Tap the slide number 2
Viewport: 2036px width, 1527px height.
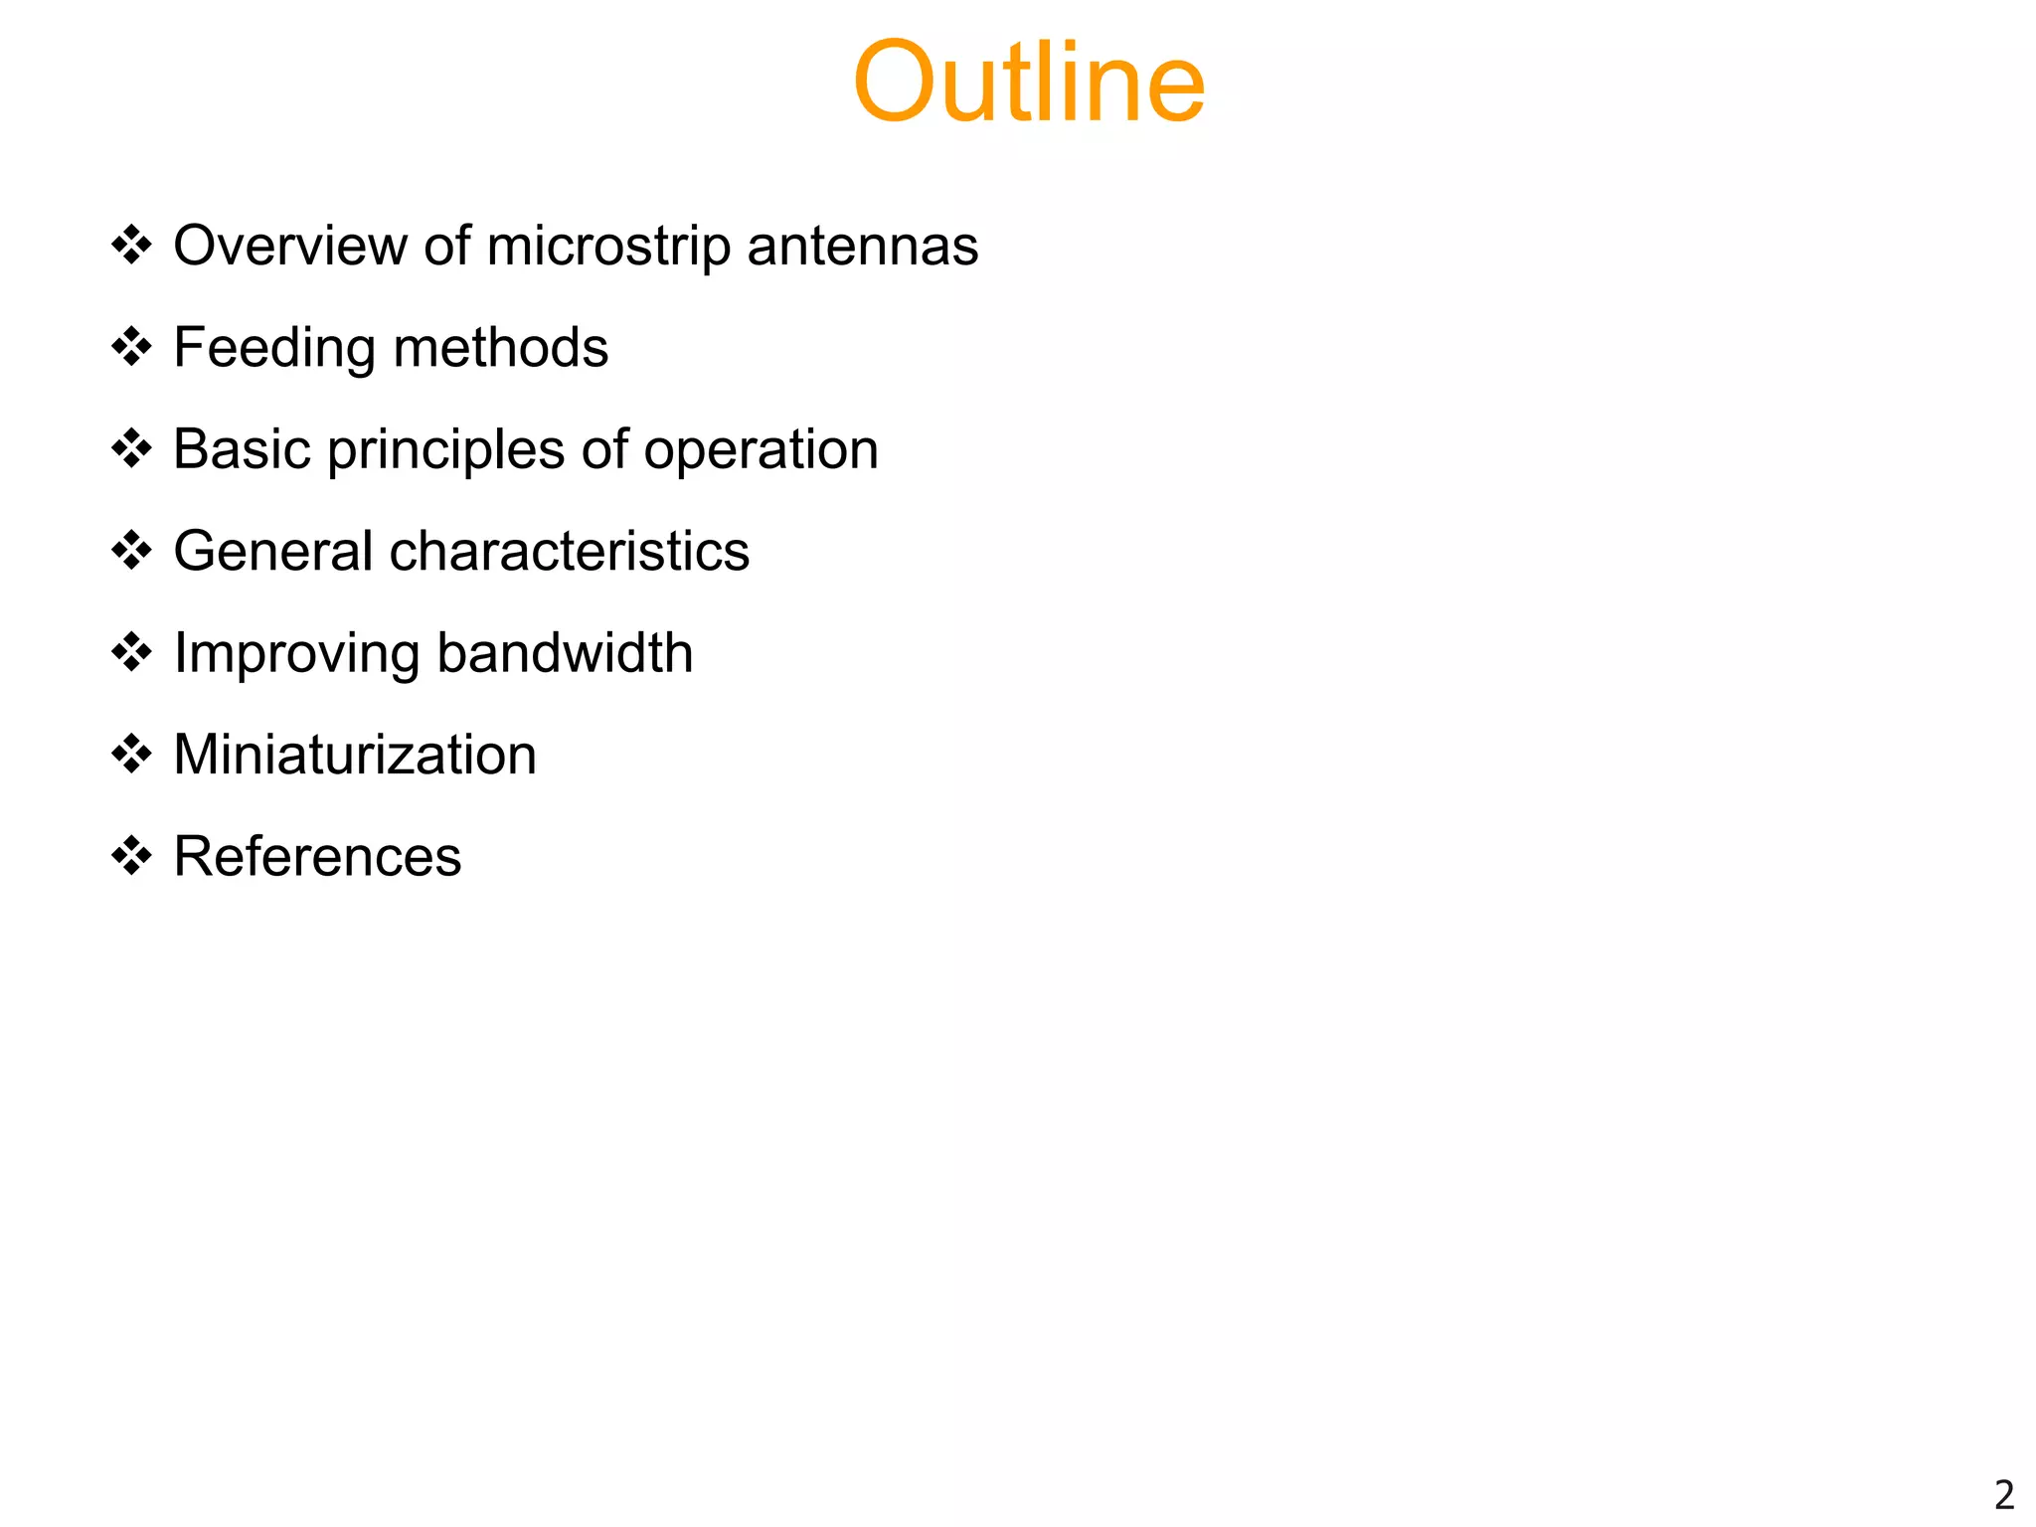coord(2003,1495)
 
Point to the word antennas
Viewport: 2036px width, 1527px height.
coord(862,246)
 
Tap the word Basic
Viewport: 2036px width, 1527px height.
coord(243,449)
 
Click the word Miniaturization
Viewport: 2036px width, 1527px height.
coord(355,755)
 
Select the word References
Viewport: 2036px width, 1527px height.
coord(317,857)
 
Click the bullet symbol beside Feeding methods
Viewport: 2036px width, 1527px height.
coord(131,348)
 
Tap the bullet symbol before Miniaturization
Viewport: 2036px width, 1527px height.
coord(131,755)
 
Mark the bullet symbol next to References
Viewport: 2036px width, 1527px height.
coord(131,856)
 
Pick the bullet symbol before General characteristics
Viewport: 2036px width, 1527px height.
coord(131,551)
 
